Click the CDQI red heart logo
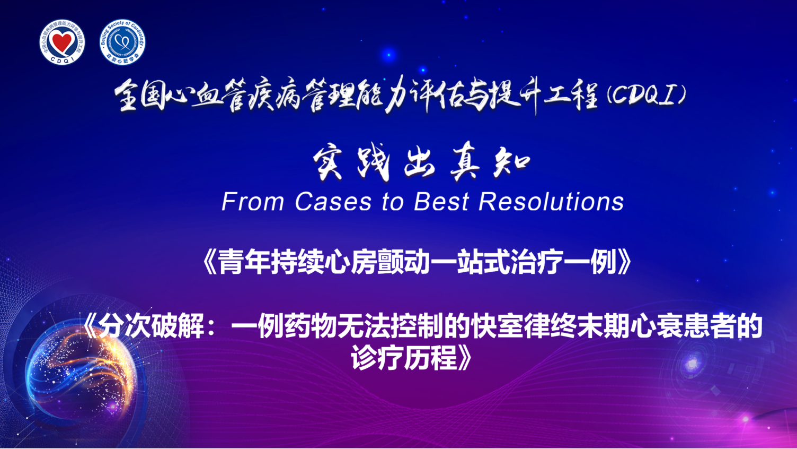point(63,42)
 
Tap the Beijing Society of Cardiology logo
point(122,42)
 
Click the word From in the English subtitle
point(253,202)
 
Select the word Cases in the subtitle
point(333,202)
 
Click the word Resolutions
point(551,202)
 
